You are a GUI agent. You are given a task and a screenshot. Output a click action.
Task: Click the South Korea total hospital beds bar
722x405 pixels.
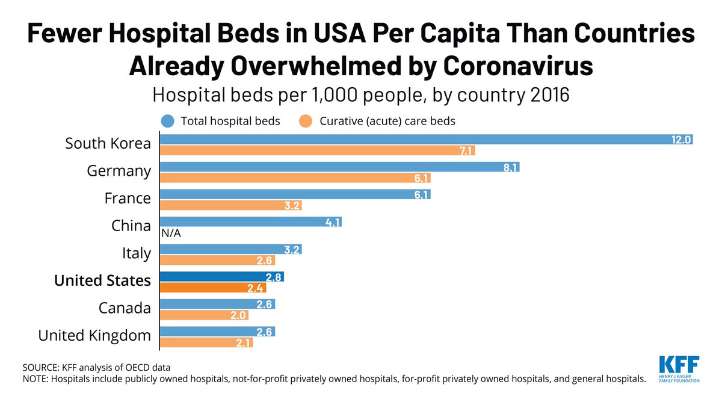pyautogui.click(x=421, y=140)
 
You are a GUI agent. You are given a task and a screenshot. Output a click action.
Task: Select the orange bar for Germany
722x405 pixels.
pyautogui.click(x=295, y=178)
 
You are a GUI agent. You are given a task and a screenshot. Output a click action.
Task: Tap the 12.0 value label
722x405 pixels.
pyautogui.click(x=682, y=140)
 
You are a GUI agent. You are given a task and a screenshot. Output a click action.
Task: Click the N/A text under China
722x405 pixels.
pyautogui.click(x=170, y=233)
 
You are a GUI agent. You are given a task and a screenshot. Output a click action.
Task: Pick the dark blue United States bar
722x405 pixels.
pyautogui.click(x=221, y=277)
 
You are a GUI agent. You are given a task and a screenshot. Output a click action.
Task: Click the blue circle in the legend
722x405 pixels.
pyautogui.click(x=169, y=121)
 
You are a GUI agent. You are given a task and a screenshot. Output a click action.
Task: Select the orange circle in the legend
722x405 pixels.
pyautogui.click(x=306, y=121)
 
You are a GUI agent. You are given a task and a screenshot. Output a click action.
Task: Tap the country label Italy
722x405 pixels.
pyautogui.click(x=137, y=253)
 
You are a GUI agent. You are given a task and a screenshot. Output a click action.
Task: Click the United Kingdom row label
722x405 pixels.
pyautogui.click(x=94, y=335)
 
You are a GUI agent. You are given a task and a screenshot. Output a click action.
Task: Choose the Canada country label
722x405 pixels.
pyautogui.click(x=125, y=308)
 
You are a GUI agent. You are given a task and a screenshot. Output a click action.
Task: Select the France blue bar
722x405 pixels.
pyautogui.click(x=295, y=194)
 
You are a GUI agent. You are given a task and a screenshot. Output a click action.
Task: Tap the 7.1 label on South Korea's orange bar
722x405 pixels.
pyautogui.click(x=465, y=150)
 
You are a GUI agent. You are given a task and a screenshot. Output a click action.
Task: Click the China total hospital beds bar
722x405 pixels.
pyautogui.click(x=250, y=222)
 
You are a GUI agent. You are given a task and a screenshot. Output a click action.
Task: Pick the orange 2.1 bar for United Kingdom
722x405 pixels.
pyautogui.click(x=206, y=342)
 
